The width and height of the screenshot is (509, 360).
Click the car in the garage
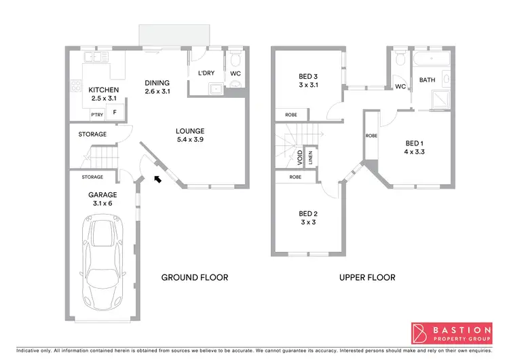103,262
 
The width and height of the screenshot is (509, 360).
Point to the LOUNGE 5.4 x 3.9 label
189,135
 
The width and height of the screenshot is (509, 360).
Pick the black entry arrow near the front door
157,179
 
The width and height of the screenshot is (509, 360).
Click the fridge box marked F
114,113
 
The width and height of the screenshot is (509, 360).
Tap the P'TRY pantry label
97,113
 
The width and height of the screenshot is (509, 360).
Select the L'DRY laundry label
206,73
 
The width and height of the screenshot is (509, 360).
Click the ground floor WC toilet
235,82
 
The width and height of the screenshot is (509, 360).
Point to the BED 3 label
309,81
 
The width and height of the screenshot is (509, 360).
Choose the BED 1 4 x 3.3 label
415,147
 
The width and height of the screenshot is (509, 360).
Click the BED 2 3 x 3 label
308,217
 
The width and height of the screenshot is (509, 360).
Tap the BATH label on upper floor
427,80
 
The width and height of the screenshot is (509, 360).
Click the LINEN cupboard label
310,158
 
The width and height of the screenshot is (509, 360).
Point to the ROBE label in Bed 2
295,177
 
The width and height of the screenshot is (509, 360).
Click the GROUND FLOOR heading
194,277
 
